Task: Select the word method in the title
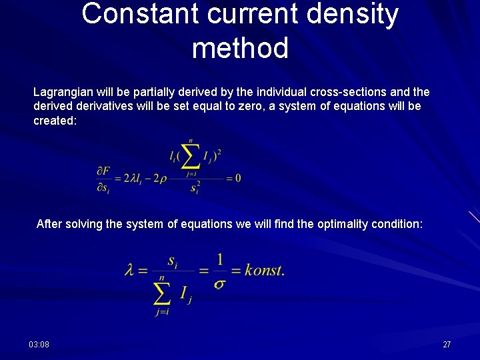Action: pos(240,49)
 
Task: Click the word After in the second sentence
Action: pos(47,224)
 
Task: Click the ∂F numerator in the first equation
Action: pos(103,171)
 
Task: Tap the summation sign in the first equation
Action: pos(191,157)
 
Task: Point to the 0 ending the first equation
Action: pos(237,179)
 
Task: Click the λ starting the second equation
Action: pos(130,270)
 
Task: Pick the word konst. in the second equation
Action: pos(264,270)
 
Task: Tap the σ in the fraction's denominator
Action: pos(219,283)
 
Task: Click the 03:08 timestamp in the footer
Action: pos(39,344)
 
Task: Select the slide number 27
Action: pos(447,344)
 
